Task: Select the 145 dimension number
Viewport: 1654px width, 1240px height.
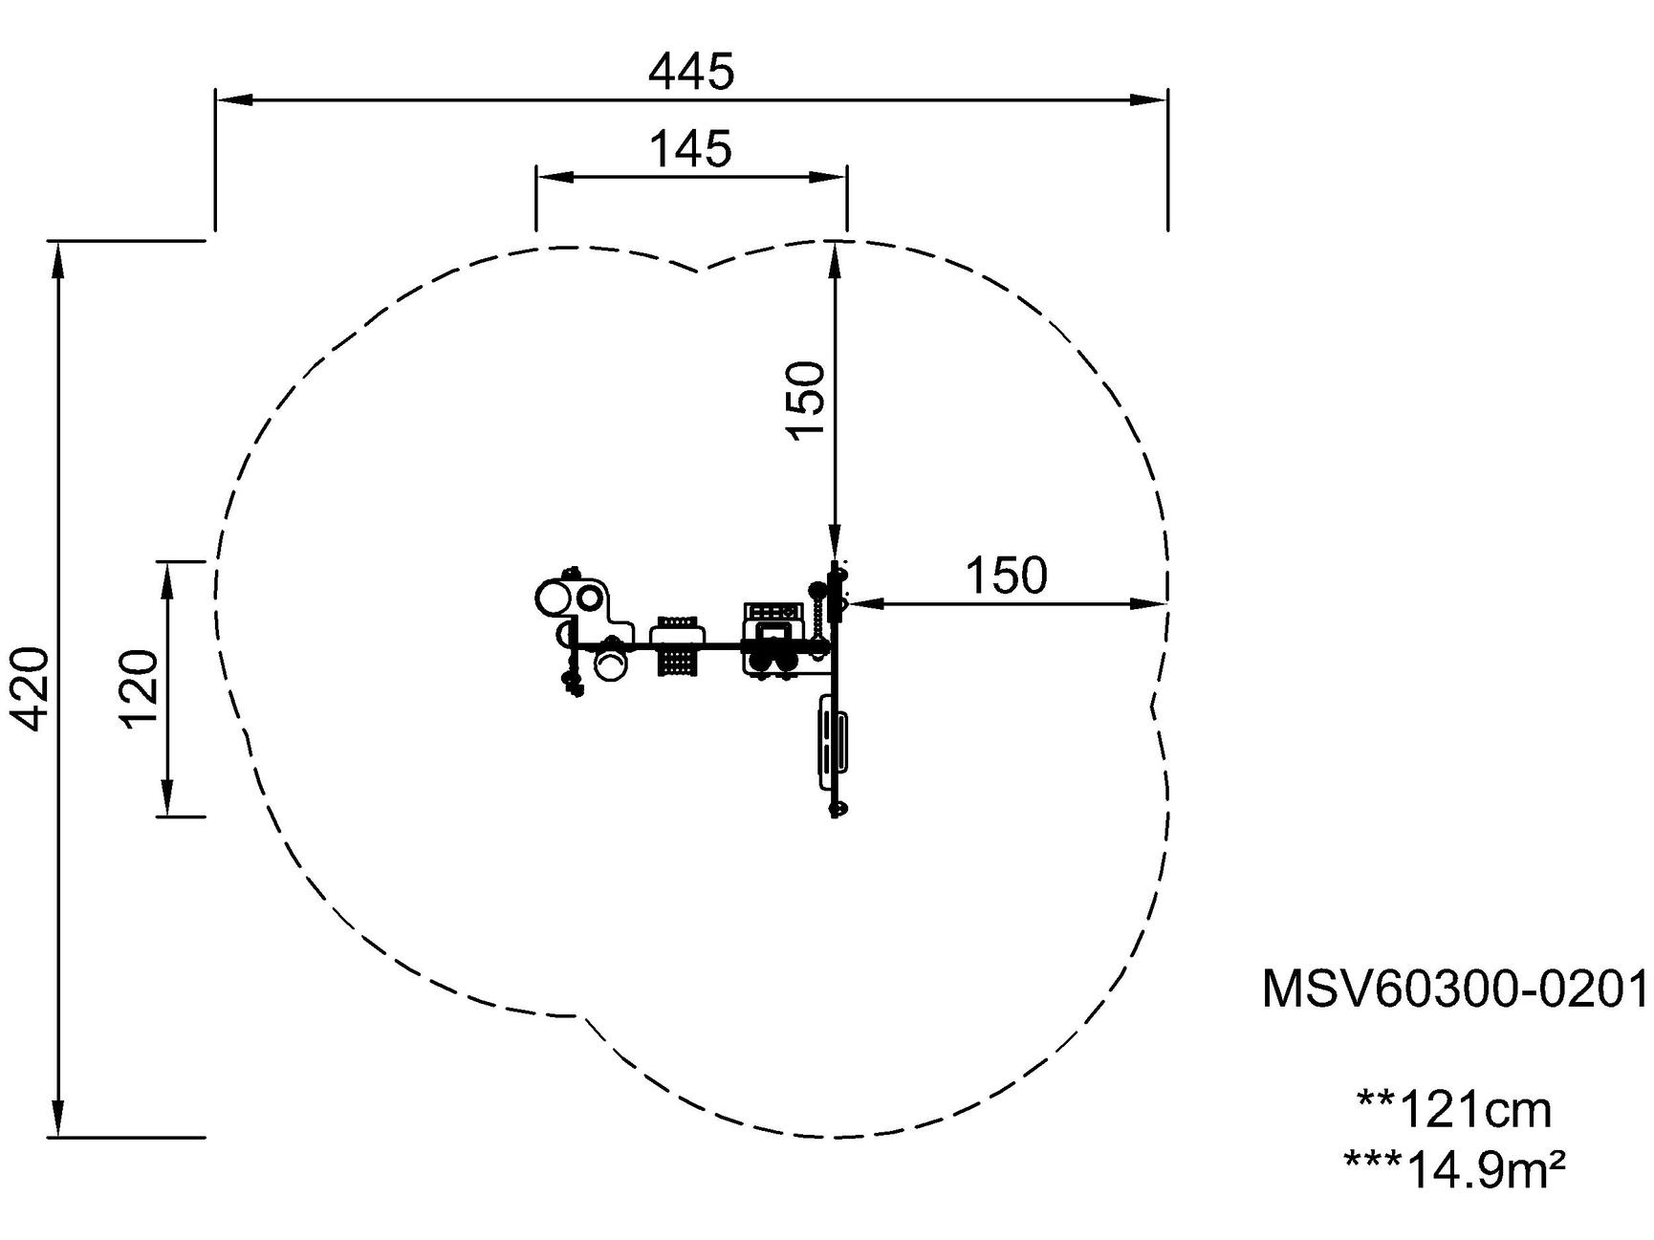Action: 690,149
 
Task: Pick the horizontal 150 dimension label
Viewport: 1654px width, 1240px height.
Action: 1006,576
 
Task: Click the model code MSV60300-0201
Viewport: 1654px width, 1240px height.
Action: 1456,989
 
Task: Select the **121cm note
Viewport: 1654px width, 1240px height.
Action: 1454,1110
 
